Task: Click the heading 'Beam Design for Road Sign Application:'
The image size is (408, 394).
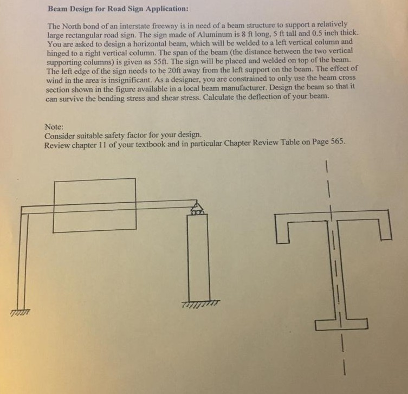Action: (x=118, y=9)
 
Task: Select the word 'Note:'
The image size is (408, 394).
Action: (x=55, y=126)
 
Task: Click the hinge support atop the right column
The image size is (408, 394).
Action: (x=196, y=208)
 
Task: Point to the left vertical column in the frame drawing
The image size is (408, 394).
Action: (x=22, y=260)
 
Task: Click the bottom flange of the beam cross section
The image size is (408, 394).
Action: (x=341, y=324)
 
